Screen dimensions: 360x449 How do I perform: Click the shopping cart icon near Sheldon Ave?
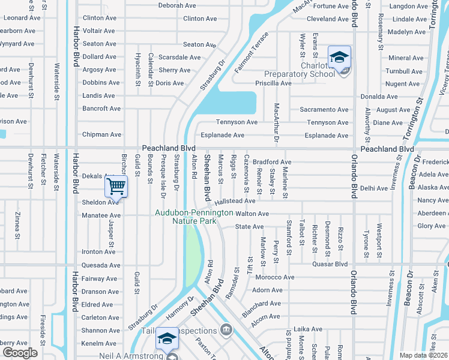[x=116, y=186]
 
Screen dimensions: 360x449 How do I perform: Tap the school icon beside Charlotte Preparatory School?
[x=339, y=58]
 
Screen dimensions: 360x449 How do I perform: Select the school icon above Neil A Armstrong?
[x=166, y=340]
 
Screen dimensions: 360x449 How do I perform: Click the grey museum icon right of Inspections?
[x=226, y=329]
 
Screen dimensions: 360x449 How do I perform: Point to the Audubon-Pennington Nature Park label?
[x=185, y=217]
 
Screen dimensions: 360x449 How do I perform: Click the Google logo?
[x=19, y=353]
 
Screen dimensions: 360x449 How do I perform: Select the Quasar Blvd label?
[x=330, y=263]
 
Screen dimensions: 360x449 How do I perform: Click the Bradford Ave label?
[x=271, y=162]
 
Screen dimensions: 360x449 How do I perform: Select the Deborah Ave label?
[x=177, y=5]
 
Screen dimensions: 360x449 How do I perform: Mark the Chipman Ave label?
[x=102, y=135]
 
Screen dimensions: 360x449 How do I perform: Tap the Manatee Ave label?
[x=101, y=215]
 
